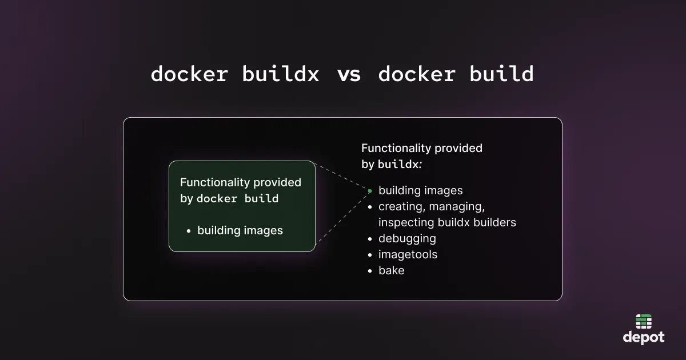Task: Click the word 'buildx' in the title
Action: click(281, 74)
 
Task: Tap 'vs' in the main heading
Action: click(349, 74)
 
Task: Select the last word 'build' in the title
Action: click(501, 74)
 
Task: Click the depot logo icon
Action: click(644, 322)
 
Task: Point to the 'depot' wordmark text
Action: click(644, 338)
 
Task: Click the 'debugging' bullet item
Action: click(407, 238)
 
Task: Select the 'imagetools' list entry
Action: click(408, 254)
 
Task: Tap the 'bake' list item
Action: click(391, 270)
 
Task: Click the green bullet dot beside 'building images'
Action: click(370, 191)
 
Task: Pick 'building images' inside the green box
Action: click(240, 231)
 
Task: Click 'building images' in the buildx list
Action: click(420, 190)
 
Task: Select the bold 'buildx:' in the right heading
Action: click(400, 165)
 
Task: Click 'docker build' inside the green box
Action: click(237, 199)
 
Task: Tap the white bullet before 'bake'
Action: click(370, 271)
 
